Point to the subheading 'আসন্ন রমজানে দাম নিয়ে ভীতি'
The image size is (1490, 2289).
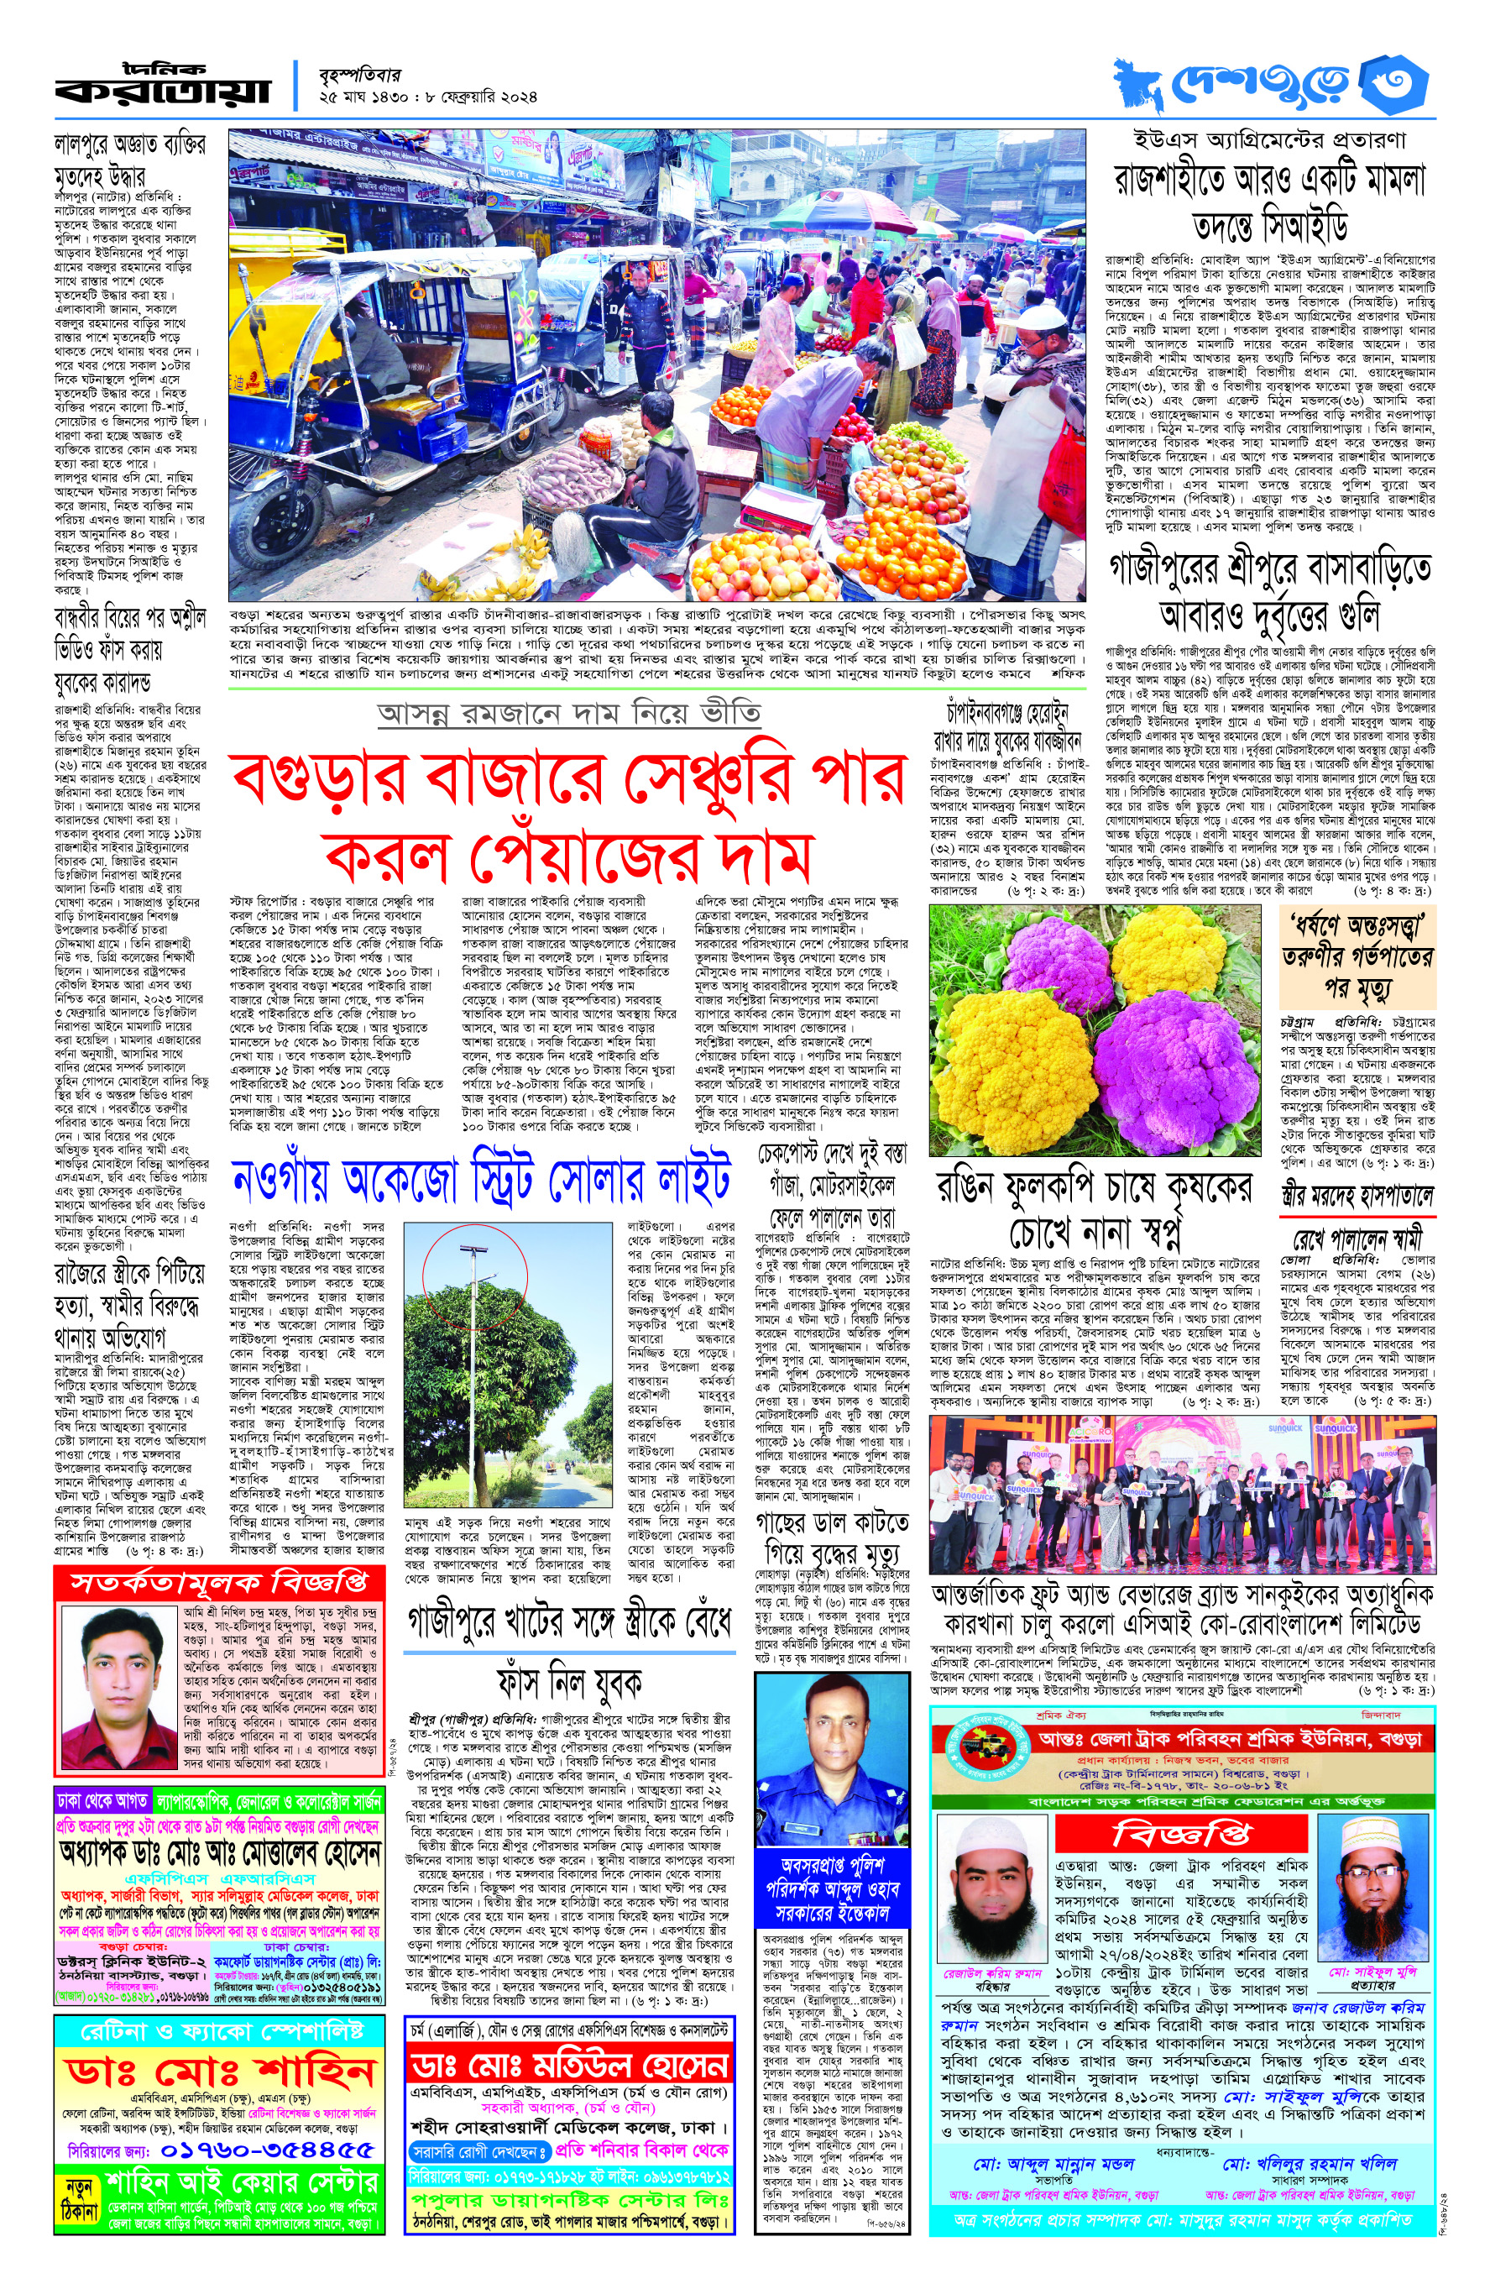click(x=569, y=714)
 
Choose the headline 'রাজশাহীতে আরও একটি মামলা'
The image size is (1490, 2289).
click(x=1269, y=181)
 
